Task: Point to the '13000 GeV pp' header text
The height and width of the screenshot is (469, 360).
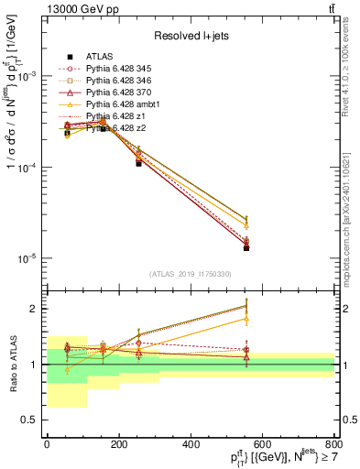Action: tap(70, 9)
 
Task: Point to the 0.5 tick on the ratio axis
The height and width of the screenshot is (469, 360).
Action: tap(29, 420)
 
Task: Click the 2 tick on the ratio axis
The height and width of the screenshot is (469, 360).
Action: tap(33, 309)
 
